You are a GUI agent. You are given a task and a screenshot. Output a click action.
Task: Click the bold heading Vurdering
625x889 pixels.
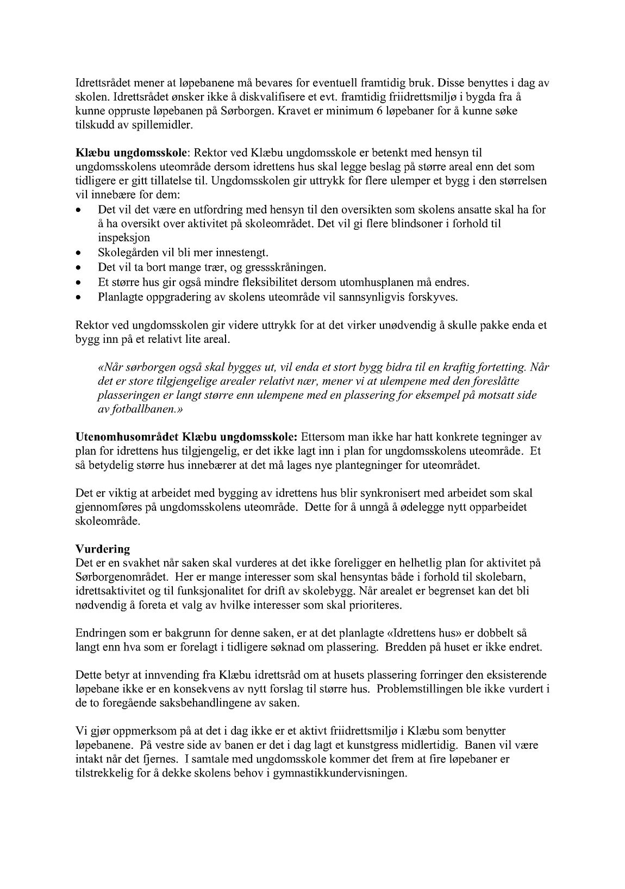(102, 549)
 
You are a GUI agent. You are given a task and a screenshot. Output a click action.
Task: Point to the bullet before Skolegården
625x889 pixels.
(79, 253)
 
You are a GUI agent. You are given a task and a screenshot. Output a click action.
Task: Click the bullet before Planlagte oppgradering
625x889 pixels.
(79, 298)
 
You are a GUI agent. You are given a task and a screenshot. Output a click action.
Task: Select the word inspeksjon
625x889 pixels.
(124, 238)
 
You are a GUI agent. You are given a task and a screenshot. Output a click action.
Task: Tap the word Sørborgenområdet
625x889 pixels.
(128, 577)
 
